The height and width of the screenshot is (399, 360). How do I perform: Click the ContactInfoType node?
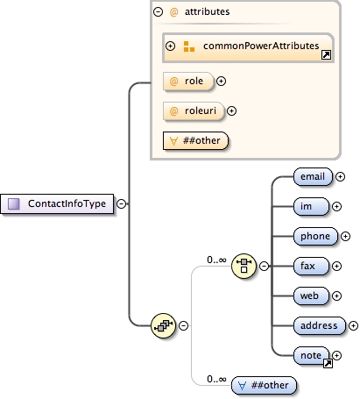(60, 203)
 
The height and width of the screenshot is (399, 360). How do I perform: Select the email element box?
(313, 176)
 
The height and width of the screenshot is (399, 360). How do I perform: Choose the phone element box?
(315, 236)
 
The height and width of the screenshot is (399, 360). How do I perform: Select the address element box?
(319, 324)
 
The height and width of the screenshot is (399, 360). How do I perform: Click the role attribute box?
(187, 81)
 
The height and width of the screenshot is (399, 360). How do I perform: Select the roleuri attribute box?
(193, 110)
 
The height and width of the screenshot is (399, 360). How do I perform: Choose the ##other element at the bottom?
(264, 384)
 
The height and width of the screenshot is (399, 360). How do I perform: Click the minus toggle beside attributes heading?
(158, 13)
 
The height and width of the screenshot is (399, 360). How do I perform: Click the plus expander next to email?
(341, 176)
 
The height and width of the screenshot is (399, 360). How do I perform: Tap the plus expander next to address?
(353, 324)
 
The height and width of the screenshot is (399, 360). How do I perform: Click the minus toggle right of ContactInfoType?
(121, 203)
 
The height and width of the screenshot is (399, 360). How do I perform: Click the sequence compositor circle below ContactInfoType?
(163, 325)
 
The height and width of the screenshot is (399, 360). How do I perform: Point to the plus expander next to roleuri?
(232, 110)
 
